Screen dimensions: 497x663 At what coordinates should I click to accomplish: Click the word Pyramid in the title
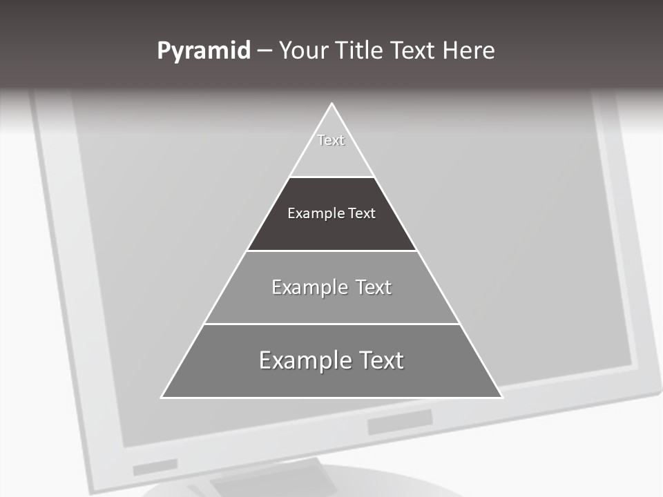click(x=203, y=51)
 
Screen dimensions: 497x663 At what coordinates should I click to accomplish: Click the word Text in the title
click(x=414, y=50)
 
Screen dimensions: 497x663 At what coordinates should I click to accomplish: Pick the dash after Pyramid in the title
click(x=265, y=52)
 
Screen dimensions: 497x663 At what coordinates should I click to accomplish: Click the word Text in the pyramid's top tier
click(x=331, y=140)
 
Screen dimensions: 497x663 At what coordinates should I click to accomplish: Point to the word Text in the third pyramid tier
click(x=374, y=287)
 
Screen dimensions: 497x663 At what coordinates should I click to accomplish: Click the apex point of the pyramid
click(x=331, y=104)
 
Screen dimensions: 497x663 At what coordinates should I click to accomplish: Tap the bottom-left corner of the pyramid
click(x=162, y=397)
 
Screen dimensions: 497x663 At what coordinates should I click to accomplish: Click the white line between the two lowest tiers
click(x=331, y=324)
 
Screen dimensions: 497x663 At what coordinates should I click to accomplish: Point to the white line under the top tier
click(x=331, y=177)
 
